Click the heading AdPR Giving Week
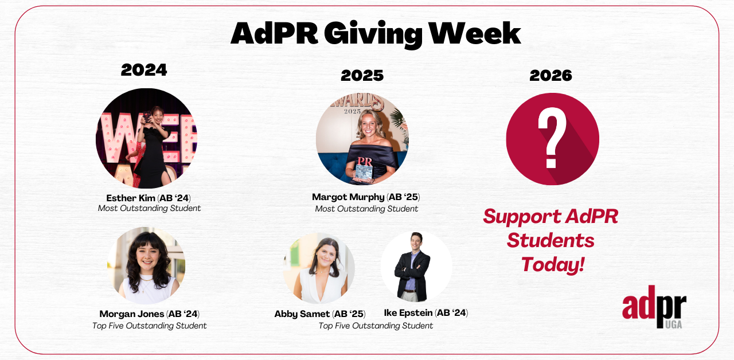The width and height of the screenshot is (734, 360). point(376,34)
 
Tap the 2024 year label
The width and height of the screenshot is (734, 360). point(144,70)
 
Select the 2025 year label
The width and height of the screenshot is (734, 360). point(362,75)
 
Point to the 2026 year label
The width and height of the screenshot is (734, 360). point(550,75)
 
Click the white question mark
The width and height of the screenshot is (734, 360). point(552,138)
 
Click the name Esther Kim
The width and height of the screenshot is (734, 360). point(130,198)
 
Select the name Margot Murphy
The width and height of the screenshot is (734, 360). point(348,197)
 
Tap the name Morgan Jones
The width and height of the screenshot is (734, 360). point(131,314)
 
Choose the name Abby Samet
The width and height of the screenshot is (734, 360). point(302,314)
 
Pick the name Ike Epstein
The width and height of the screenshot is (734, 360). point(408,313)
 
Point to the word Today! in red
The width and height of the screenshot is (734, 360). point(553,265)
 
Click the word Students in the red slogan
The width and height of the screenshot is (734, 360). point(550,240)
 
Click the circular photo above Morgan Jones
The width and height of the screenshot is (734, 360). point(146,265)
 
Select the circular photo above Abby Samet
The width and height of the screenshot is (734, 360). point(319,268)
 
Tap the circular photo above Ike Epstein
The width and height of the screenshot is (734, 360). point(416,267)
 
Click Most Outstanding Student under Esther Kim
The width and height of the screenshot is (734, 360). point(150,208)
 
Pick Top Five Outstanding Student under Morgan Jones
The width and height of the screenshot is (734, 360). point(150,326)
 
